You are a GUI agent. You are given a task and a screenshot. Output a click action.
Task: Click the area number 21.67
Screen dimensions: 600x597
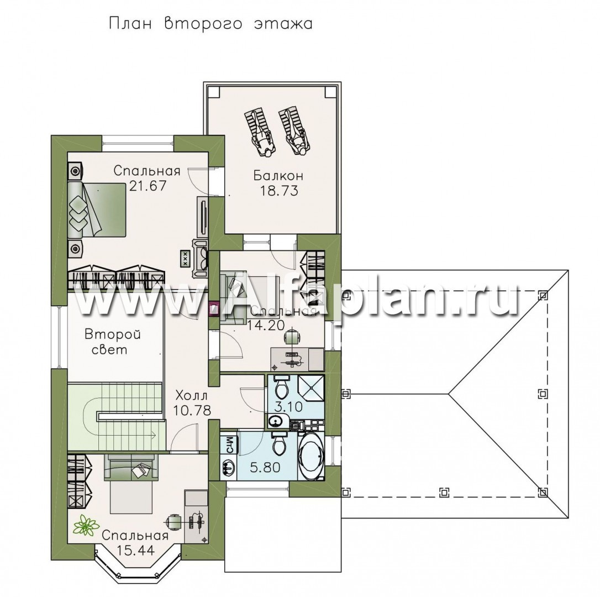point(148,186)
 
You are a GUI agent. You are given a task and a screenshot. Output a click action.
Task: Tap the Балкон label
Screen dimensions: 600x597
point(278,176)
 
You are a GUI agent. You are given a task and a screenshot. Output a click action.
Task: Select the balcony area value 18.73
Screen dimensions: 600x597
point(279,191)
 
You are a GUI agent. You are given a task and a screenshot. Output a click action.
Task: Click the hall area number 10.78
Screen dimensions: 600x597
point(192,411)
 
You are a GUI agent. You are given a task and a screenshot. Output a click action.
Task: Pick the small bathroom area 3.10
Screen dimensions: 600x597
point(289,406)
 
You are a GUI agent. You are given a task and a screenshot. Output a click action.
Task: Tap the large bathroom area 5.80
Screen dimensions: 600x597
point(265,467)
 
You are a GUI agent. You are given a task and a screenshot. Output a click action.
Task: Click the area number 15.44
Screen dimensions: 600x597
point(136,550)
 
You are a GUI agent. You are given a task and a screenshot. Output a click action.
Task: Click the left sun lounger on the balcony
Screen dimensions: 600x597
point(260,132)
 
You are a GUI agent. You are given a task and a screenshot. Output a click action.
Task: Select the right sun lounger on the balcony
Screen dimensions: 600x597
point(294,132)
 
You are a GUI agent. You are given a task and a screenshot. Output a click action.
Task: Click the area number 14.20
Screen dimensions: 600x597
point(266,326)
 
